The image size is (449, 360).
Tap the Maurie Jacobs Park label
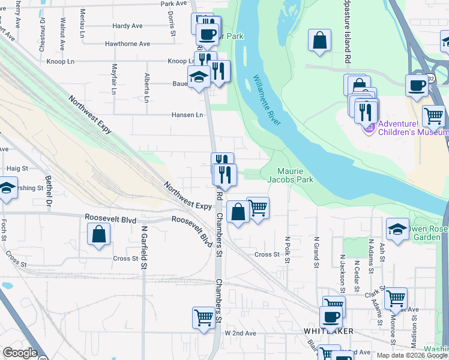tap(290, 175)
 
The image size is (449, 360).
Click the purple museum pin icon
tap(370, 127)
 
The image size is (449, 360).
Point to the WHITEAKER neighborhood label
tap(328, 331)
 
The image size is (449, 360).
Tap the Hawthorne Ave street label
tap(127, 44)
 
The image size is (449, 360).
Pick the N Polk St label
tap(288, 251)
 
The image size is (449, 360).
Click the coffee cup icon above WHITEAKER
tap(331, 316)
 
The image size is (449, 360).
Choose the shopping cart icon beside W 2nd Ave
tap(203, 317)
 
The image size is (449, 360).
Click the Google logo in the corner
tap(20, 353)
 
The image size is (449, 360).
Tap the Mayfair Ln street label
tap(113, 79)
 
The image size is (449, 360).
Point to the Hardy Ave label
tap(127, 26)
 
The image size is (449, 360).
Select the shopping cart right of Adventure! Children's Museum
tap(433, 115)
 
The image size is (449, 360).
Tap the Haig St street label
tap(17, 169)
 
